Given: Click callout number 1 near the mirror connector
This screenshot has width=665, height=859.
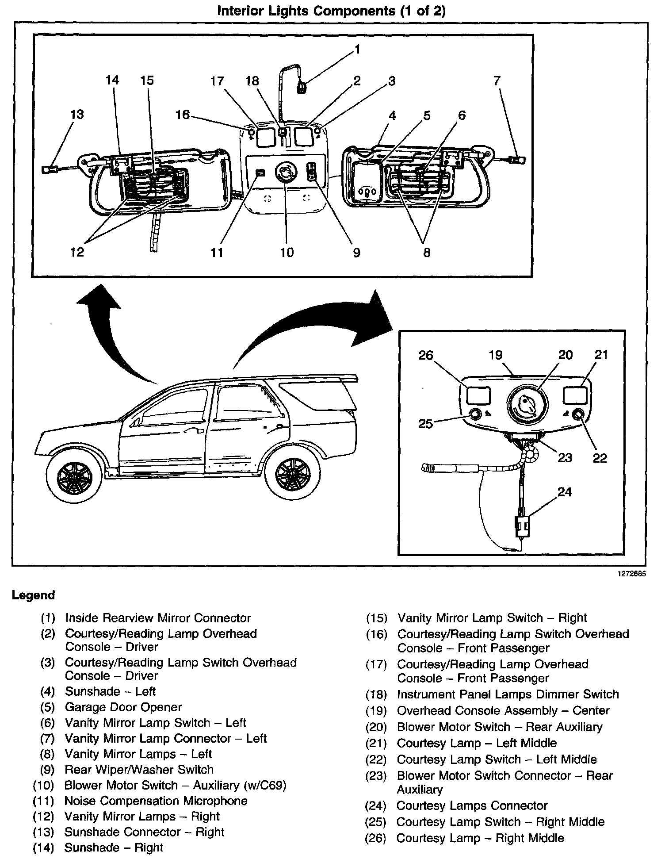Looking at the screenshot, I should click(x=357, y=49).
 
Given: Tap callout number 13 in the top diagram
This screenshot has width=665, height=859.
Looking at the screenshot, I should click(x=77, y=114).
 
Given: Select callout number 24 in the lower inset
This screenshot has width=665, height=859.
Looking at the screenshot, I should click(x=565, y=492).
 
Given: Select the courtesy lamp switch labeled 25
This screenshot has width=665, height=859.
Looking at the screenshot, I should click(x=475, y=414).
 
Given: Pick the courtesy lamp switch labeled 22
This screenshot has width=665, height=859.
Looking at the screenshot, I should click(x=578, y=414).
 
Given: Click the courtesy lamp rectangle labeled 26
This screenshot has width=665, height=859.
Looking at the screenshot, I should click(x=478, y=395).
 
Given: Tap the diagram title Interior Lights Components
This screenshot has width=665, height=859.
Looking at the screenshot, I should click(x=331, y=11).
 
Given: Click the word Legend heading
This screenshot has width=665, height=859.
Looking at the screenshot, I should click(x=33, y=595).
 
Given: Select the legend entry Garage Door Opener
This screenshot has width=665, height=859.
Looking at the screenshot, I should click(x=123, y=707).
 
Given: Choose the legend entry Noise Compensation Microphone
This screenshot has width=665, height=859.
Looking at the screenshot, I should click(x=156, y=801).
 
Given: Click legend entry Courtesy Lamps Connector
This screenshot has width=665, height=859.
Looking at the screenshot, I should click(x=472, y=805).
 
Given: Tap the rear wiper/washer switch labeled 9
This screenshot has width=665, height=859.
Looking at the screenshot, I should click(x=313, y=172).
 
